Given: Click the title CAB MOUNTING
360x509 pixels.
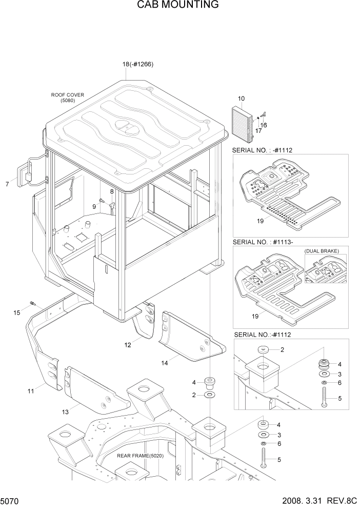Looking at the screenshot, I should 178,5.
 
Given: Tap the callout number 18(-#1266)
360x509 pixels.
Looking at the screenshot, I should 138,64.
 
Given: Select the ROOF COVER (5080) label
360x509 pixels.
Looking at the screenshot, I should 67,97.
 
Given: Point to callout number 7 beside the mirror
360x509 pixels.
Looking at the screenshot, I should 7,184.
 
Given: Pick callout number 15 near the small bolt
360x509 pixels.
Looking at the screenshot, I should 16,312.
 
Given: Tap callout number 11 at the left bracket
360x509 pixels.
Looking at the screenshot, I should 31,391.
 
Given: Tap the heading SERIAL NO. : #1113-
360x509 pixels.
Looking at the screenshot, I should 263,241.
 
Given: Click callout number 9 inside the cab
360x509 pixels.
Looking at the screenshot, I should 94,206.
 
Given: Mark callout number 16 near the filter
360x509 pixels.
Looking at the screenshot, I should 264,125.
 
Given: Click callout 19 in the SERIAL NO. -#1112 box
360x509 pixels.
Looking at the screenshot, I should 261,221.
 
